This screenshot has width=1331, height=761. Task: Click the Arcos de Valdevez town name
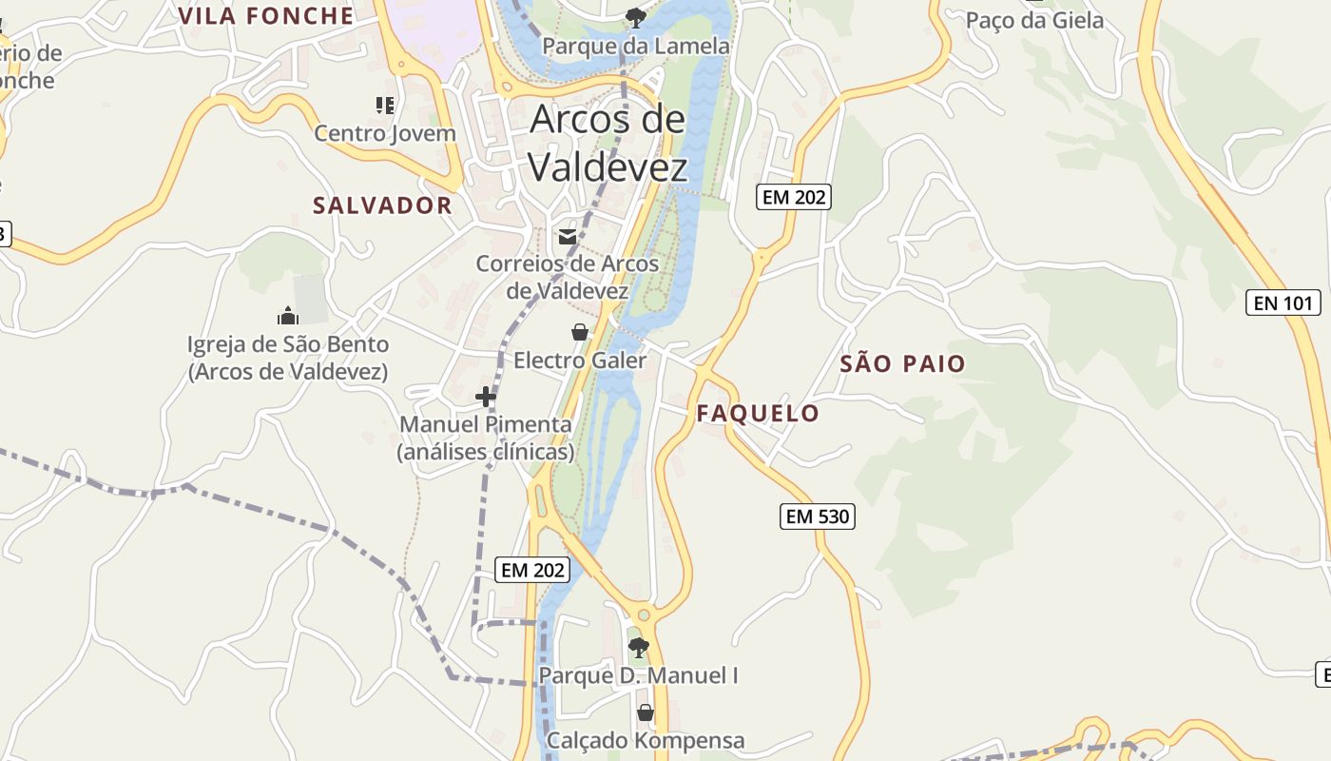click(608, 143)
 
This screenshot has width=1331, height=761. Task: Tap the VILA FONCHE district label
click(266, 15)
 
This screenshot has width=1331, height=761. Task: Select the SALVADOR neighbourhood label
click(382, 205)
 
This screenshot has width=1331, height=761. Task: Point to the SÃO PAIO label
click(902, 363)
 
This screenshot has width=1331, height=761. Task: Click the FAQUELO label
click(758, 413)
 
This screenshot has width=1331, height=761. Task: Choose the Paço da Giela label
click(1034, 21)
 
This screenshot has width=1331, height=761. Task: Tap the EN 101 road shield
click(1283, 303)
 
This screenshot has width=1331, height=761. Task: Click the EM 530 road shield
click(818, 517)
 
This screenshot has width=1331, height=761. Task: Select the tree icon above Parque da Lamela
click(635, 17)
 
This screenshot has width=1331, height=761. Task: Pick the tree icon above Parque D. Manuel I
click(639, 648)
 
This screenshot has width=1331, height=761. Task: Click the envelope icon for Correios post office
click(568, 237)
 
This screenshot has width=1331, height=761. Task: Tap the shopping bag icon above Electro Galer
click(579, 332)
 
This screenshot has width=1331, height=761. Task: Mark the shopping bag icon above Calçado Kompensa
click(646, 712)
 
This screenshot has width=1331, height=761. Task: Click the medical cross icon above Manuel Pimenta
click(486, 397)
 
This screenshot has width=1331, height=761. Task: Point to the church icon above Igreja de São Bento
click(287, 316)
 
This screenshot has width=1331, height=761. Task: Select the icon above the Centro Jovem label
click(385, 105)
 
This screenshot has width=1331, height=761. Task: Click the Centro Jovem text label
click(385, 133)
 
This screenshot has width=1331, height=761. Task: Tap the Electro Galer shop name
click(580, 361)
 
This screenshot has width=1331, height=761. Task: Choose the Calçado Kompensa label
click(646, 740)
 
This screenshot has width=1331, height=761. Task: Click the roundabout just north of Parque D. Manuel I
click(644, 615)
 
